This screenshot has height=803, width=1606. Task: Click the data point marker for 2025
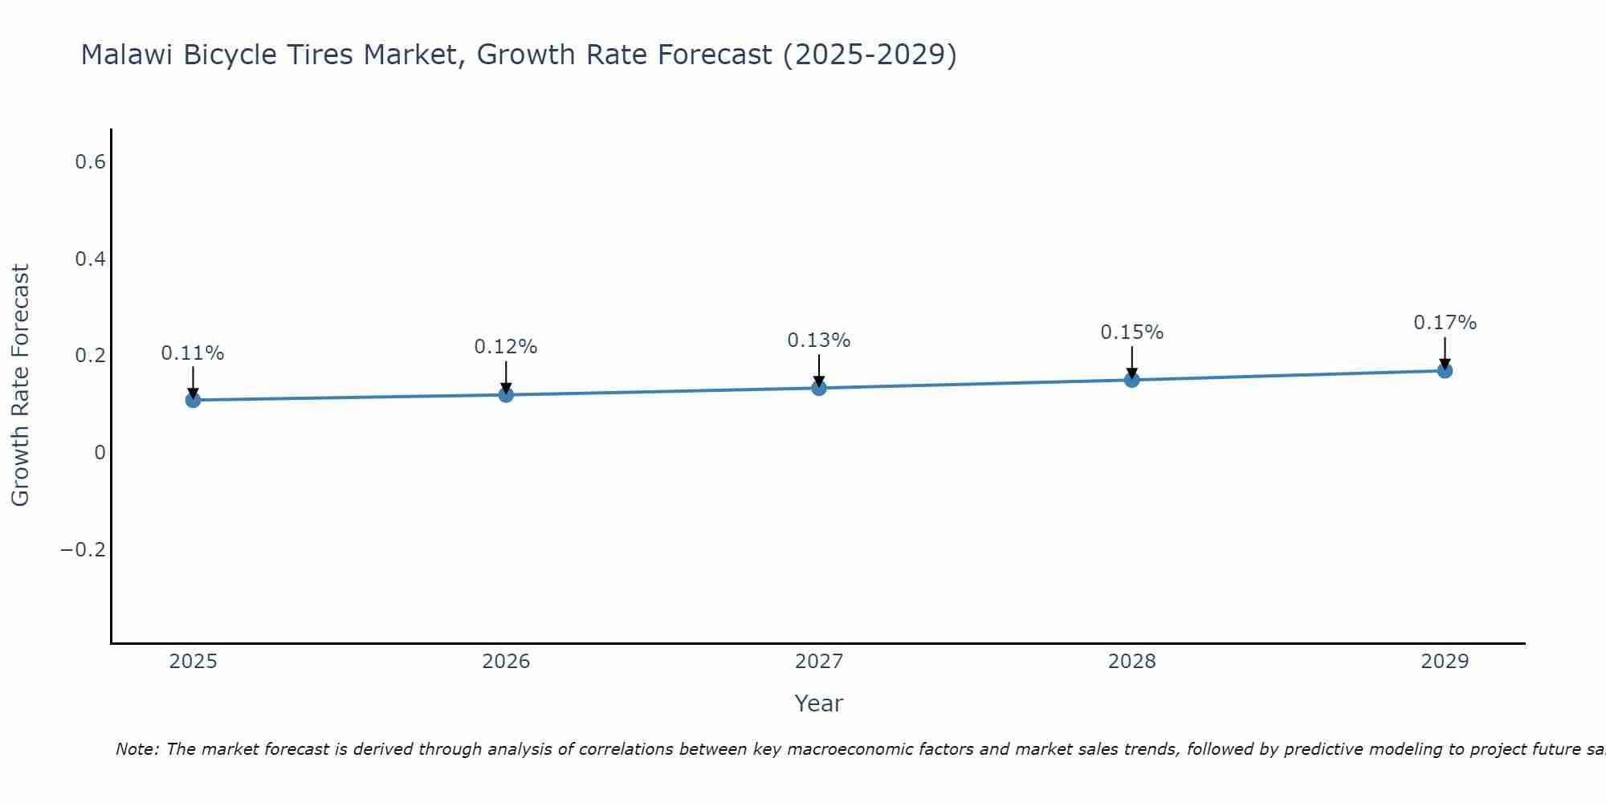tap(193, 399)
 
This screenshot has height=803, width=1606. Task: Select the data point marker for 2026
tap(506, 394)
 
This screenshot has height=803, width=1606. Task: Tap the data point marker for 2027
tap(819, 388)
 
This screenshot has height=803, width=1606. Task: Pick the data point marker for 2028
tap(1131, 379)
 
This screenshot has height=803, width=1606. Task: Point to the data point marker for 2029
tap(1445, 370)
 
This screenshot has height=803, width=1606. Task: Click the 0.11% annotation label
tap(193, 353)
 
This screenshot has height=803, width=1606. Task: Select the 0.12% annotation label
tap(506, 347)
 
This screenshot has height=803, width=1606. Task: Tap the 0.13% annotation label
tap(819, 340)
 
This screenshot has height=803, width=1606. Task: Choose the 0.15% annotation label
tap(1131, 332)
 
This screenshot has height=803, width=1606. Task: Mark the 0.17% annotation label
tap(1445, 323)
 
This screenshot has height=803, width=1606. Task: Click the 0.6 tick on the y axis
tap(90, 162)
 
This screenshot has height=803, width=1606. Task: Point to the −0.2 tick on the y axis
tap(83, 550)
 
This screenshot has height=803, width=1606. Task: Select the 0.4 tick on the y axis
tap(90, 259)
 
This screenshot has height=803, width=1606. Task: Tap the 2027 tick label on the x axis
tap(819, 662)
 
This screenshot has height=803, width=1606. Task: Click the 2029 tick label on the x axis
tap(1445, 662)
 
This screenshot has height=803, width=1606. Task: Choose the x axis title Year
tap(819, 703)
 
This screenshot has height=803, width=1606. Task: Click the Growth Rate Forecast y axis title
tap(20, 385)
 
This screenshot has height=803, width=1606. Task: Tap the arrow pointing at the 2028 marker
tap(1131, 361)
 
